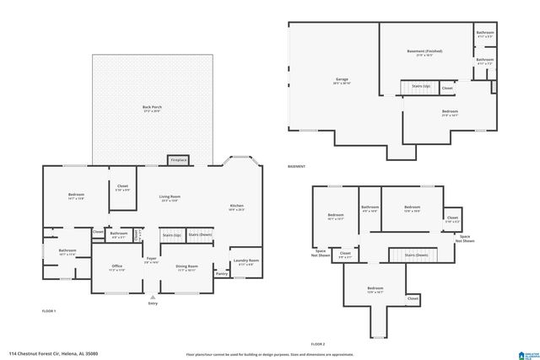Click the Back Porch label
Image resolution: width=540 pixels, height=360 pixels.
coord(151,108)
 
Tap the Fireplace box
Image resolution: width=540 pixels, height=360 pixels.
coord(179,159)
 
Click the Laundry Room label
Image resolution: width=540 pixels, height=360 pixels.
coord(246,261)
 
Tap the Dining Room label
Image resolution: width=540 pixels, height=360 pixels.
coord(186,267)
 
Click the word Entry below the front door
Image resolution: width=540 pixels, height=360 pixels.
coord(153,304)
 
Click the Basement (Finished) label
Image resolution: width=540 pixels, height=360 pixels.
coord(424,51)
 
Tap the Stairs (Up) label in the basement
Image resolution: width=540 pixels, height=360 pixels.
coord(420,86)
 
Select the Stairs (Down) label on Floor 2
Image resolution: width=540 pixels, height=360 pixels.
coord(416,254)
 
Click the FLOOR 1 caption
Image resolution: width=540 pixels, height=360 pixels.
coord(49,311)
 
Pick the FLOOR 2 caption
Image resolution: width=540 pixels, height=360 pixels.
coord(317,344)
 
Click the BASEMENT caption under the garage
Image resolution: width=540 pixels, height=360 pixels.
coord(296,167)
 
